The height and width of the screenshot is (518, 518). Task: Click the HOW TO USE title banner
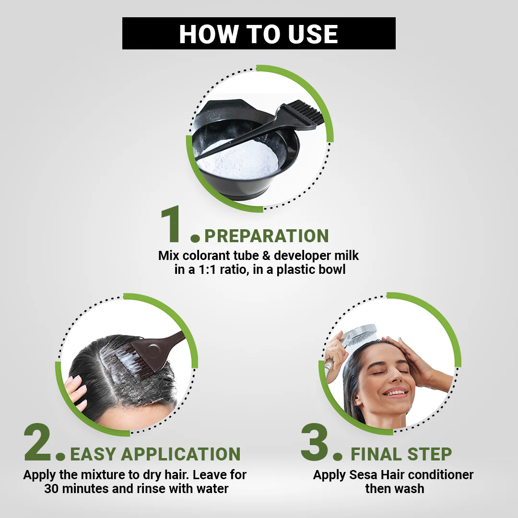coord(259,34)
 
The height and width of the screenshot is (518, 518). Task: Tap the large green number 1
coord(171,224)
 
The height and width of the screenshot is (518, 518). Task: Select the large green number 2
coord(37,442)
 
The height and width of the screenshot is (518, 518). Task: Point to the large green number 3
coord(315,442)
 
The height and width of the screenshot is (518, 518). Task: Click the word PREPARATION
coord(267,236)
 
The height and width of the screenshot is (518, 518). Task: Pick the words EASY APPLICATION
coord(155,454)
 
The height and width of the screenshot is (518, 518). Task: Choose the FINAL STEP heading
coord(401,454)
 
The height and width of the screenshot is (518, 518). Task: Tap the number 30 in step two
coord(51,489)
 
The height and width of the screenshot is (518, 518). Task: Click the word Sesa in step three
coord(363,475)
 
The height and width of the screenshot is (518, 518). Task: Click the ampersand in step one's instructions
coord(266,256)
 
